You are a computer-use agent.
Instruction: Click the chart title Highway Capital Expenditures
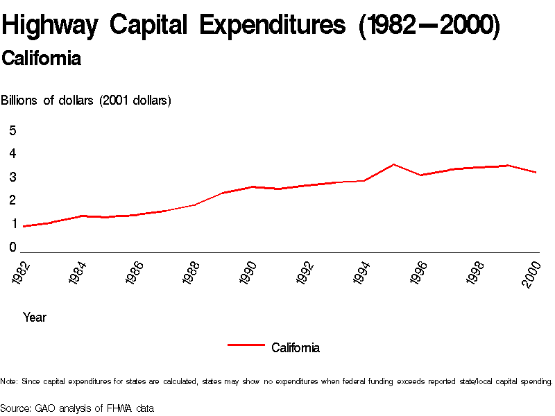tap(250, 26)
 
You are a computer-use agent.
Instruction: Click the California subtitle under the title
tap(42, 59)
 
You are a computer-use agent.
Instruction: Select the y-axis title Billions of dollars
tap(86, 101)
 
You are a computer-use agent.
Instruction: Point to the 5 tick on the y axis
tap(12, 130)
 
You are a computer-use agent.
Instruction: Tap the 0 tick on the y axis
tap(12, 248)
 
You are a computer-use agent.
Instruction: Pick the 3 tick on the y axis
tap(12, 177)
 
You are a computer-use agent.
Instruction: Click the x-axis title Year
tap(35, 318)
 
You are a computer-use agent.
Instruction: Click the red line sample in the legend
tap(246, 344)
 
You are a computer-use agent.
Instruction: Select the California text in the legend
tap(296, 348)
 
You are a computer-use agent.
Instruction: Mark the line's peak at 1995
tap(393, 164)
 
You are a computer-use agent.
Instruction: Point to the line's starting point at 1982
tap(24, 226)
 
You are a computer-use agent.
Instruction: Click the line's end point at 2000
tap(536, 172)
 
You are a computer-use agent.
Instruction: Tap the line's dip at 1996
tap(422, 175)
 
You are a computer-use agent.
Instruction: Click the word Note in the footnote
tap(9, 381)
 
